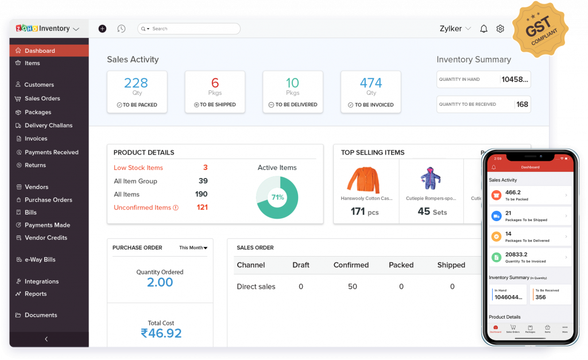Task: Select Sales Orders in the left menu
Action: pos(42,98)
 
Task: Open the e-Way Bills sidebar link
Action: pos(40,260)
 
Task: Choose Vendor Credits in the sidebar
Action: pos(45,238)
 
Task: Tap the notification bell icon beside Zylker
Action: pos(483,29)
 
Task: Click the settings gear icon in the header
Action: pos(500,29)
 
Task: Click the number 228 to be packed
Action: pos(136,83)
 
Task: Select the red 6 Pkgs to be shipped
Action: pos(215,83)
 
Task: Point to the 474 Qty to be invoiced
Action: pos(371,83)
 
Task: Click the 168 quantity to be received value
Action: pos(522,104)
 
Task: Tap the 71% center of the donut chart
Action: pos(278,198)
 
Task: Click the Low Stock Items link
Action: pos(138,168)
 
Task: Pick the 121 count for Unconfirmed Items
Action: pos(202,207)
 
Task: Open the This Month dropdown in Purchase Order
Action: pos(193,248)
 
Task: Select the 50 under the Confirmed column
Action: pos(352,287)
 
